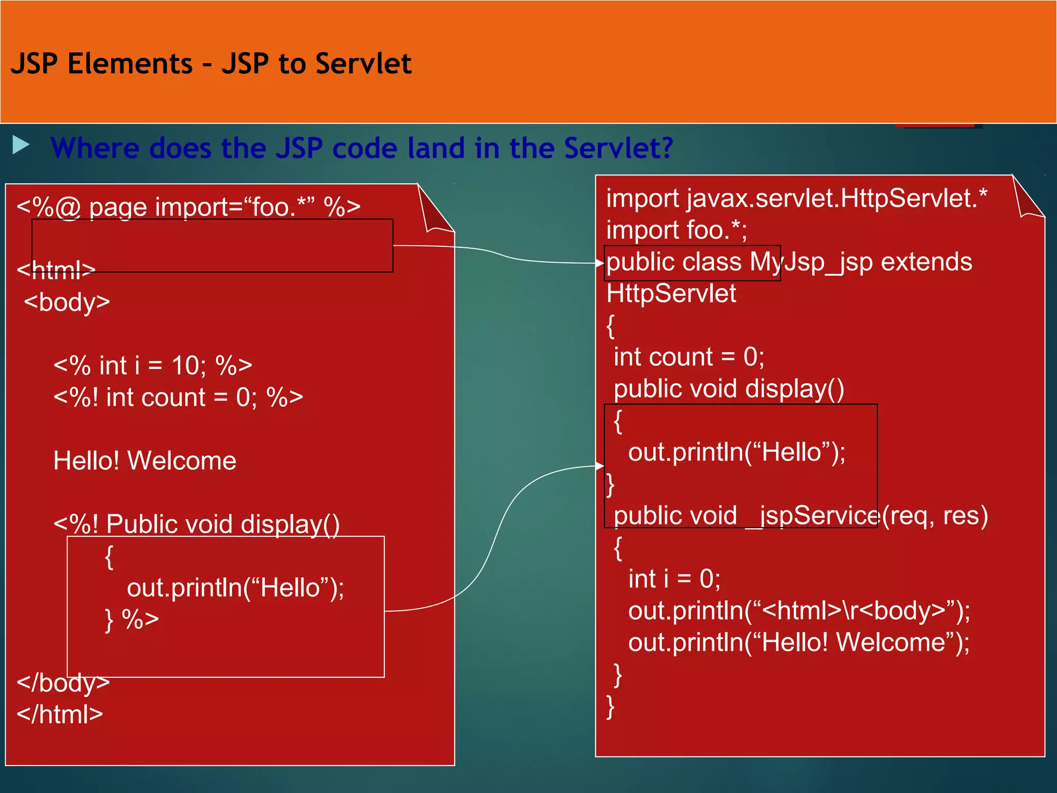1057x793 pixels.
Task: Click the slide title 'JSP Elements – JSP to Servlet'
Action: tap(211, 64)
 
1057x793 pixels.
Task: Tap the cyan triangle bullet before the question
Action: tap(21, 145)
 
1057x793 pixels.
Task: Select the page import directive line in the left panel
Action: tap(188, 207)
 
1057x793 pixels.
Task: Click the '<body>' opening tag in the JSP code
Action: tap(67, 302)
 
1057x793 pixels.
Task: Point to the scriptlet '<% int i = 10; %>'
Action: tap(153, 366)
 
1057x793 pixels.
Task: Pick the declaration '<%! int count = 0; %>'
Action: tap(178, 398)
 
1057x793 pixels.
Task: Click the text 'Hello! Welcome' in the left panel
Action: tap(145, 461)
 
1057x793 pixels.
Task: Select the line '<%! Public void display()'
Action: tap(197, 524)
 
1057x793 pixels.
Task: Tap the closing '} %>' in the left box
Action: tap(132, 619)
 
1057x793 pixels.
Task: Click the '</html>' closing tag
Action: tap(60, 715)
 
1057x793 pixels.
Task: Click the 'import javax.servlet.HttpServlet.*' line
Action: tap(796, 198)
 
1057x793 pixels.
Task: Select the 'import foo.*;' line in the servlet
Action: tap(676, 230)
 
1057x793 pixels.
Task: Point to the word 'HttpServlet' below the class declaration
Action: tap(671, 293)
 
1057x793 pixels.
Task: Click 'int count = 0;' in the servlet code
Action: tap(688, 357)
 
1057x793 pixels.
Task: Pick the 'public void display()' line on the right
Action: tap(728, 389)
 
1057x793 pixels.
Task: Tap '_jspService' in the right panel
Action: tap(813, 516)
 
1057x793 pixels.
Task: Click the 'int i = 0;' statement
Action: tap(674, 579)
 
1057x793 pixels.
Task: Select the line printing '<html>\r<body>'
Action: tap(798, 611)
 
